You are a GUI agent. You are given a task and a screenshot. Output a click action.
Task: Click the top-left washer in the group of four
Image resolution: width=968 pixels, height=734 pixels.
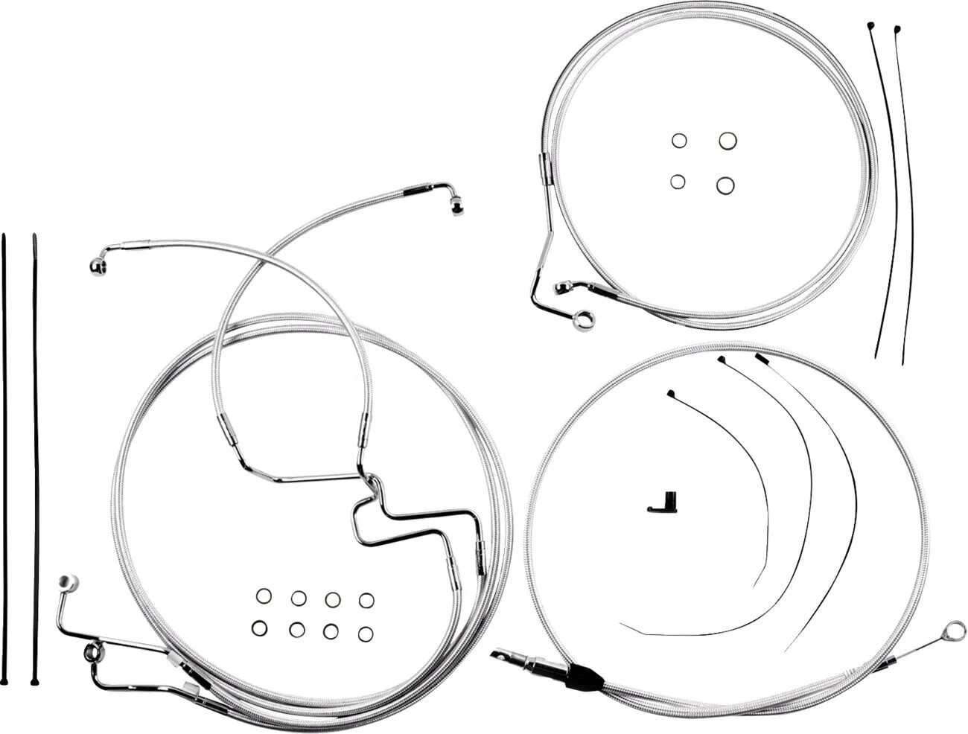678,141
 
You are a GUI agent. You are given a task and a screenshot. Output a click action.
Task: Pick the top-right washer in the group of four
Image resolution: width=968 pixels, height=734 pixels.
727,141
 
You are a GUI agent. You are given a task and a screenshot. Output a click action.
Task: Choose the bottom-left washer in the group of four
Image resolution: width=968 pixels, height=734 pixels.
678,181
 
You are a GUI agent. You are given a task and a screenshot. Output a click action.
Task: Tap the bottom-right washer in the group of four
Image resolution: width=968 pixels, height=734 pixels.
726,185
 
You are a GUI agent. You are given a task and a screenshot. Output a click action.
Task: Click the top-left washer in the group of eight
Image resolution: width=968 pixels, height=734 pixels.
264,596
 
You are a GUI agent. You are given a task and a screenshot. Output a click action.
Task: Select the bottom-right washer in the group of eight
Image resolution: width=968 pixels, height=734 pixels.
365,634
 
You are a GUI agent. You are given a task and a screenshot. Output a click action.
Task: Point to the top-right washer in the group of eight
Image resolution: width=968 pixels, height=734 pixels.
366,600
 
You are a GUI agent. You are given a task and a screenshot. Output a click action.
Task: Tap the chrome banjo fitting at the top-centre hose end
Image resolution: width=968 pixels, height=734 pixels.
456,205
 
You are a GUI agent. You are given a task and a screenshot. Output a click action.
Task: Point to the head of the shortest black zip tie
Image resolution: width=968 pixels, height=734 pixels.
671,393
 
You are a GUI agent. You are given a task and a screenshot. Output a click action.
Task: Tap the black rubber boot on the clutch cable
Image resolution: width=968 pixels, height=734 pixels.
584,676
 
